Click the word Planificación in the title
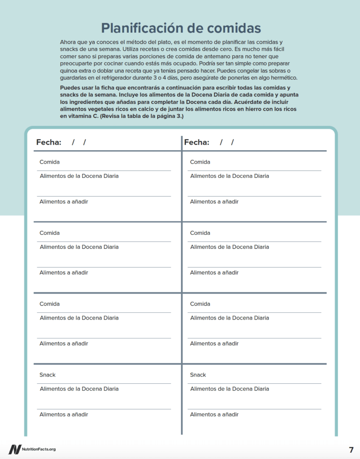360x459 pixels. [137, 28]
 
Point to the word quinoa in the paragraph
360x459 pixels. [69, 71]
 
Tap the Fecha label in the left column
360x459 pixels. [48, 143]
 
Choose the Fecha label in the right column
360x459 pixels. [196, 143]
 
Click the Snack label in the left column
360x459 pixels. [48, 375]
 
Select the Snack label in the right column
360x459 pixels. [198, 375]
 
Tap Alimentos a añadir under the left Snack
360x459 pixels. [64, 415]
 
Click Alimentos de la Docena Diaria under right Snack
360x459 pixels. [230, 389]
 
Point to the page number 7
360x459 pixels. [351, 450]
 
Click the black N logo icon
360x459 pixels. [14, 450]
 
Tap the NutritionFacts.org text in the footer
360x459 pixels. [39, 450]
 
